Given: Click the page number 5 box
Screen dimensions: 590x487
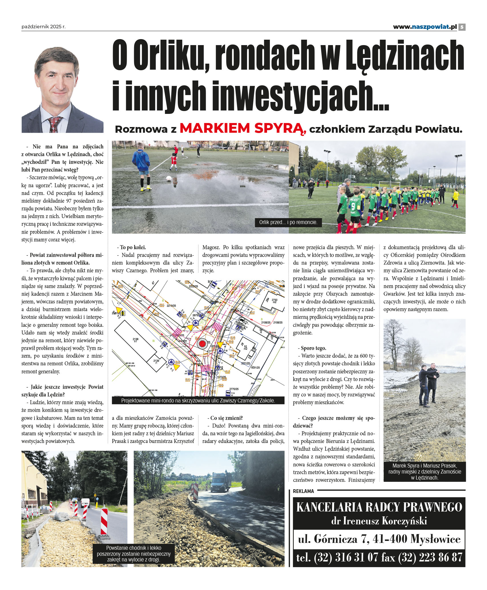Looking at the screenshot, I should [462, 27].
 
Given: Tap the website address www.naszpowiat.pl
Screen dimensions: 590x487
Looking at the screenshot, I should [425, 27].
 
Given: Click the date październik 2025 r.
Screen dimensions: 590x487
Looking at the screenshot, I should [43, 27].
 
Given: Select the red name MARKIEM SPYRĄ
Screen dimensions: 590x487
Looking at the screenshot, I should [243, 128].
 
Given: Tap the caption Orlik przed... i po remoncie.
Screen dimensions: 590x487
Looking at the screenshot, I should [288, 222].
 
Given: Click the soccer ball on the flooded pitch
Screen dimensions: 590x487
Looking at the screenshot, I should [169, 178].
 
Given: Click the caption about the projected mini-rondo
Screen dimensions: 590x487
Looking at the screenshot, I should [198, 400].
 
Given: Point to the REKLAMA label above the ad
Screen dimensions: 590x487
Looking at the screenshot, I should [303, 491].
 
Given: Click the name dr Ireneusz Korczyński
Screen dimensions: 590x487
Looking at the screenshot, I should [379, 521].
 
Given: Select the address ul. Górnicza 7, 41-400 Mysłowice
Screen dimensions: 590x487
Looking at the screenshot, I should [379, 539].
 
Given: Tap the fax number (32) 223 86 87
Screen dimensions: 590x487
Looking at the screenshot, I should [430, 557].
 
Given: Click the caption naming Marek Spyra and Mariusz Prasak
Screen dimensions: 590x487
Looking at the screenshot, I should [425, 472].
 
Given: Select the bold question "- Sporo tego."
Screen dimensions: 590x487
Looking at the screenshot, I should [313, 348].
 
